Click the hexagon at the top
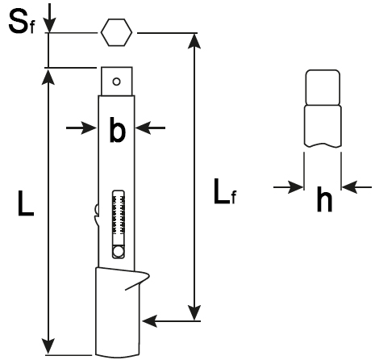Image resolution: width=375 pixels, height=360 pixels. [x=117, y=34]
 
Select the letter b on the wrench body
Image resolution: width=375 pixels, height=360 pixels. [x=119, y=130]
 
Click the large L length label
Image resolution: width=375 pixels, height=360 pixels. [x=26, y=208]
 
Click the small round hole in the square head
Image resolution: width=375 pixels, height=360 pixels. [x=117, y=81]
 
